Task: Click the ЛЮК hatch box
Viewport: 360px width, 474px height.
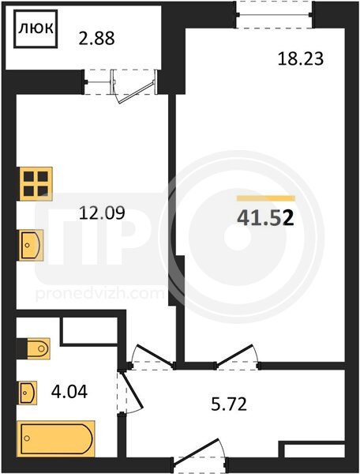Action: coord(36,28)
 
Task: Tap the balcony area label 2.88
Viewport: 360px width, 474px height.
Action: coord(96,39)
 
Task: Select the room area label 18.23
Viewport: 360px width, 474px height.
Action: coord(301,58)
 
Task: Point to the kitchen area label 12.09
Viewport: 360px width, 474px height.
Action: coord(102,213)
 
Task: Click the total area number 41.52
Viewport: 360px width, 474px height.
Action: coord(265,218)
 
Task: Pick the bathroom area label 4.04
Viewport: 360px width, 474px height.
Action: coord(69,392)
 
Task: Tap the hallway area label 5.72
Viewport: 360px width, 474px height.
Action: coord(229,404)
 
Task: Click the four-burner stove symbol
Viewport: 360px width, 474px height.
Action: coord(36,184)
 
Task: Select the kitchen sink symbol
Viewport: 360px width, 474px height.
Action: coord(31,245)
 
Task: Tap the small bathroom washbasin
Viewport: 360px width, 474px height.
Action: coord(28,393)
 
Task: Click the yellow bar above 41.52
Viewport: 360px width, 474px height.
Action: coord(266,198)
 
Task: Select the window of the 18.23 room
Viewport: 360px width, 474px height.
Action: coord(274,14)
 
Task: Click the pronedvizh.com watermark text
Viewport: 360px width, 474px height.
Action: coord(99,294)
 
